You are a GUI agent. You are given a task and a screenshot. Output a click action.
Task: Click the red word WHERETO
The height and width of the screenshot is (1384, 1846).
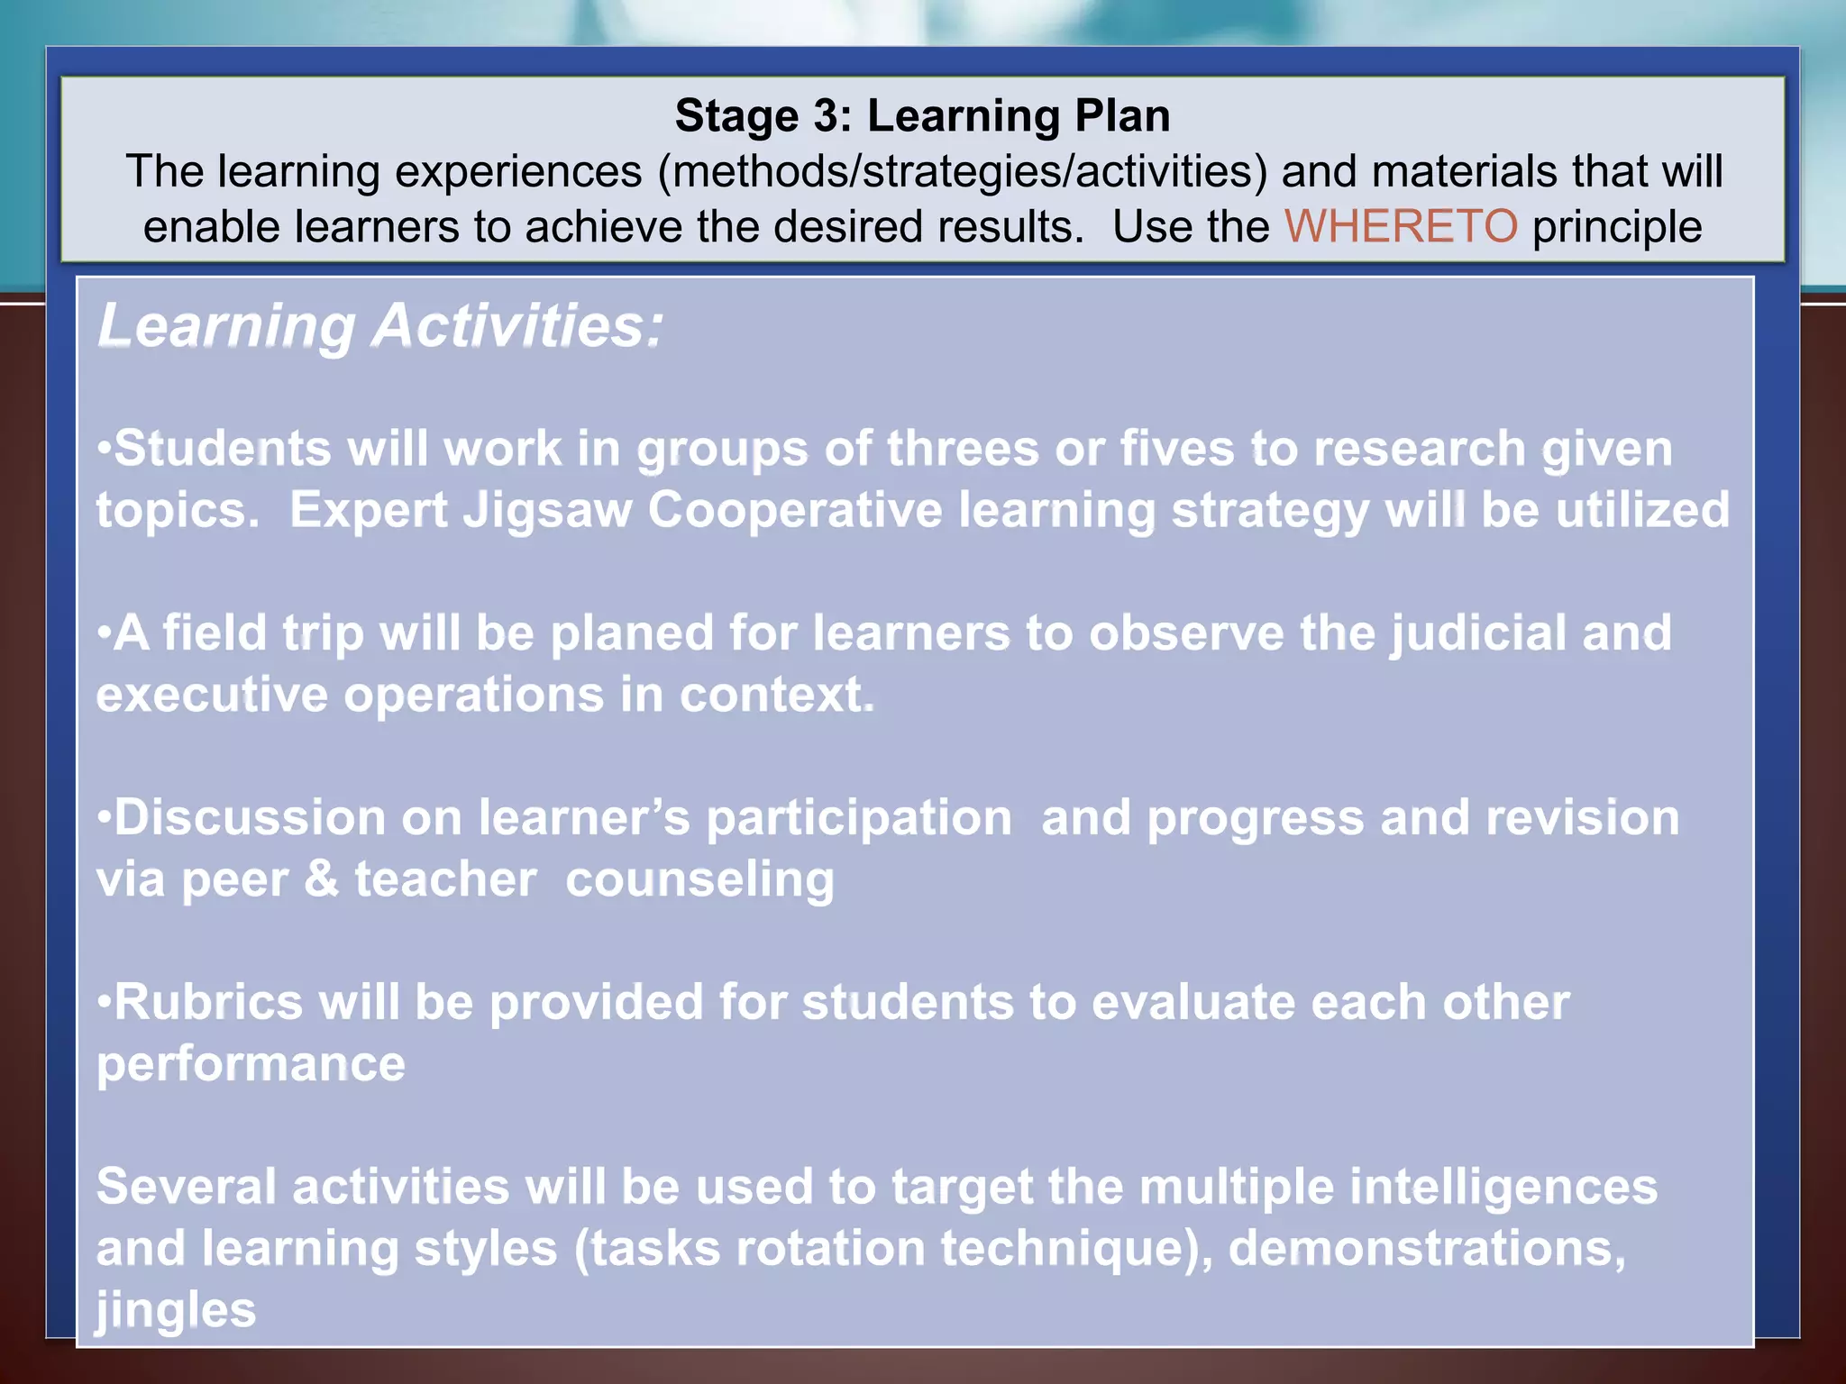[x=1401, y=226]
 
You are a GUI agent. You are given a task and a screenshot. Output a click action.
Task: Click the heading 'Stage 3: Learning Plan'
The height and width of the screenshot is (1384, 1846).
[x=922, y=116]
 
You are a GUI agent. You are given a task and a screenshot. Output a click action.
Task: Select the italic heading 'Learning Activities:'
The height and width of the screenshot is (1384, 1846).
[x=380, y=325]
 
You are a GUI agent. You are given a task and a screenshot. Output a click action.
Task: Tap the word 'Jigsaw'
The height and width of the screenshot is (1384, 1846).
[x=547, y=511]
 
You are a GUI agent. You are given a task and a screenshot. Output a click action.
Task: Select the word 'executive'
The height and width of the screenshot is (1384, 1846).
[x=212, y=695]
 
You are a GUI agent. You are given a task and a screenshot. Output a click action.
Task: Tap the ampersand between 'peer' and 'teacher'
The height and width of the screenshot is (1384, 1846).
[x=321, y=879]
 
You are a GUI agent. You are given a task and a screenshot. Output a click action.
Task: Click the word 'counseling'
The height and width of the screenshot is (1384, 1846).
[x=699, y=879]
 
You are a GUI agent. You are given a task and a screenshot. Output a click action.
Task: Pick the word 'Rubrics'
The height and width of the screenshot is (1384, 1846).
[x=208, y=1002]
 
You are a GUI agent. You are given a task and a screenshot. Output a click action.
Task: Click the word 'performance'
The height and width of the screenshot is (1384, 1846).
[x=251, y=1065]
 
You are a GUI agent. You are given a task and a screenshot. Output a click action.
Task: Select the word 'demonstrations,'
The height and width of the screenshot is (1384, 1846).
[x=1427, y=1249]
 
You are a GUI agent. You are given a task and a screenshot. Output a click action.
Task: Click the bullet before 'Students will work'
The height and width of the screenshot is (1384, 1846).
[x=105, y=448]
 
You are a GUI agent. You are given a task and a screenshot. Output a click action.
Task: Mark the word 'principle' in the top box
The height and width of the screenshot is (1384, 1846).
[x=1616, y=226]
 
